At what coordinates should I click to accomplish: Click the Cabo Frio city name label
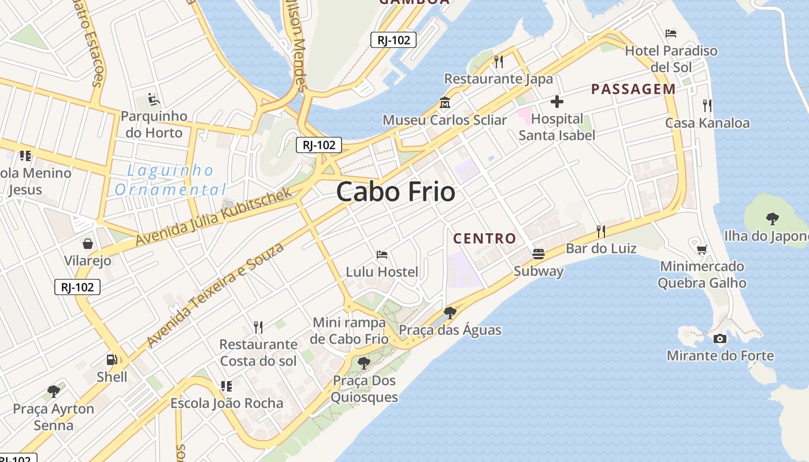[x=396, y=192]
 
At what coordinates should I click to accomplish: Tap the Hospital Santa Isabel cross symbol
[x=557, y=102]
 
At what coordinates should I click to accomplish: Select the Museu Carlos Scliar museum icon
[x=445, y=103]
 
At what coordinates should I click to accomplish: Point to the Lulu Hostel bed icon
[x=382, y=254]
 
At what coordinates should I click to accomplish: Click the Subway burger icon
[x=539, y=254]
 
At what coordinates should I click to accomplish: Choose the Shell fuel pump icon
[x=112, y=359]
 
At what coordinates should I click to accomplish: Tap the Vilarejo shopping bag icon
[x=87, y=244]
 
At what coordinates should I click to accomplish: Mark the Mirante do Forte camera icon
[x=719, y=338]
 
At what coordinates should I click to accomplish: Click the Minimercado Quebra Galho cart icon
[x=702, y=249]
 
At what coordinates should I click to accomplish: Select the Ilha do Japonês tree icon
[x=772, y=218]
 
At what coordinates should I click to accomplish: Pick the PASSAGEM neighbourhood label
[x=633, y=89]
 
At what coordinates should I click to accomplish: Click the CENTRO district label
[x=484, y=238]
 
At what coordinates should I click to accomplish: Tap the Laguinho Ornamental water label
[x=170, y=180]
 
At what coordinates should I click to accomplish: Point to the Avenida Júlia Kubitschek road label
[x=214, y=217]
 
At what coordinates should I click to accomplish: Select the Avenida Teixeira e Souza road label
[x=216, y=295]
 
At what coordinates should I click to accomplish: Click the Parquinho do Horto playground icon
[x=154, y=99]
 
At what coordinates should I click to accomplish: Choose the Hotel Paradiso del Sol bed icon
[x=671, y=33]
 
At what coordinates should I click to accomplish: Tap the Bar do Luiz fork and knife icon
[x=601, y=232]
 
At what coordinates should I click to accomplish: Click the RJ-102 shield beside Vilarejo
[x=77, y=287]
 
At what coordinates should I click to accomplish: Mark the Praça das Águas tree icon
[x=450, y=313]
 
